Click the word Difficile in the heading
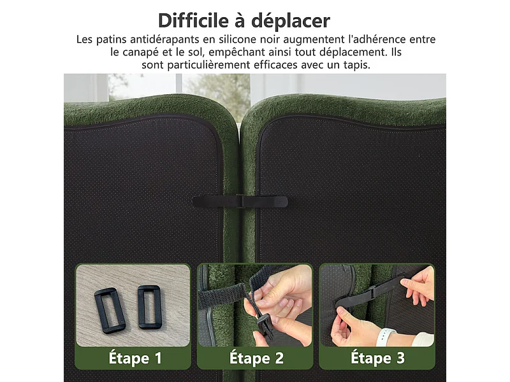194,20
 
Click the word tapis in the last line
371,65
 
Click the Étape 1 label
133,358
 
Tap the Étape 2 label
256,358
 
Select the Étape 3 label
377,358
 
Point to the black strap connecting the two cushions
240,202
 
